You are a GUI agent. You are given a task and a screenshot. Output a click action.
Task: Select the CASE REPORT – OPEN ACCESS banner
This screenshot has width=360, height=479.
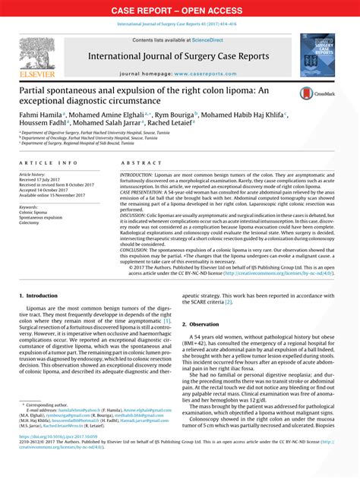(x=180, y=10)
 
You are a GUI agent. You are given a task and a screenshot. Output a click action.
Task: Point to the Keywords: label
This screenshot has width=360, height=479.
(x=33, y=206)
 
